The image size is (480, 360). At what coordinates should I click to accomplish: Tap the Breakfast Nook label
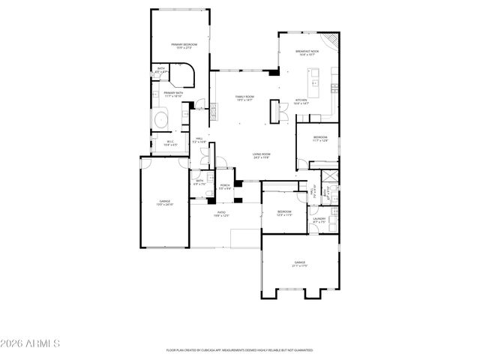(x=309, y=53)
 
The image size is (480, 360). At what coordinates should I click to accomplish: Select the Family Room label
(x=244, y=98)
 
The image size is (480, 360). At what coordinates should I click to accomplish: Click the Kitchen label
(x=301, y=101)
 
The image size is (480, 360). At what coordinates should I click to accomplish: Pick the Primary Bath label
(x=173, y=94)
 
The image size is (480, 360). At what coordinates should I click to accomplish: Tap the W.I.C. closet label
(x=170, y=142)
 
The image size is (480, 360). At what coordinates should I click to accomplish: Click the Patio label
(x=222, y=214)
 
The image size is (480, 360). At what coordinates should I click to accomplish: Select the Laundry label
(x=319, y=220)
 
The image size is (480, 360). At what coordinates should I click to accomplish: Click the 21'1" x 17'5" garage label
(x=299, y=263)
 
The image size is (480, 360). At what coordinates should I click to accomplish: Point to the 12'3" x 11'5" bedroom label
(x=283, y=213)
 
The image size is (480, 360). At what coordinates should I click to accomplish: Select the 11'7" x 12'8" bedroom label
(x=320, y=139)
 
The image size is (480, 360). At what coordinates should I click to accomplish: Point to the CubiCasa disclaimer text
(x=239, y=350)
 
